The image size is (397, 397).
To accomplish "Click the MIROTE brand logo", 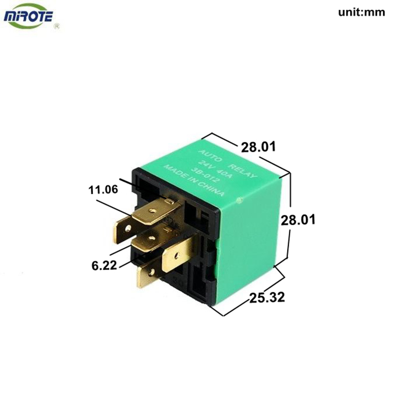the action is pyautogui.click(x=28, y=16).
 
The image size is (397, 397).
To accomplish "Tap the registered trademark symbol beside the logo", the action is pyautogui.click(x=57, y=26).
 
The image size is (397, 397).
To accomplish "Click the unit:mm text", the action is pyautogui.click(x=362, y=12).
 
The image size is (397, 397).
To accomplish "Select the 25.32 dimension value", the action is pyautogui.click(x=267, y=297).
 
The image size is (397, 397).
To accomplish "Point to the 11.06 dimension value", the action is pyautogui.click(x=103, y=190).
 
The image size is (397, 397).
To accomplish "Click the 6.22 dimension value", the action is pyautogui.click(x=104, y=265).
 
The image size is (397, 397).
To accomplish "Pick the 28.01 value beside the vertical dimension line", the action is pyautogui.click(x=298, y=219).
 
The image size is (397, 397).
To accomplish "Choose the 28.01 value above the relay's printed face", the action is pyautogui.click(x=258, y=147).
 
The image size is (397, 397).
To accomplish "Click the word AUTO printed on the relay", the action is pyautogui.click(x=210, y=156).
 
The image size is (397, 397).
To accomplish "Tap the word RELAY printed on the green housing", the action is pyautogui.click(x=243, y=171).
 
